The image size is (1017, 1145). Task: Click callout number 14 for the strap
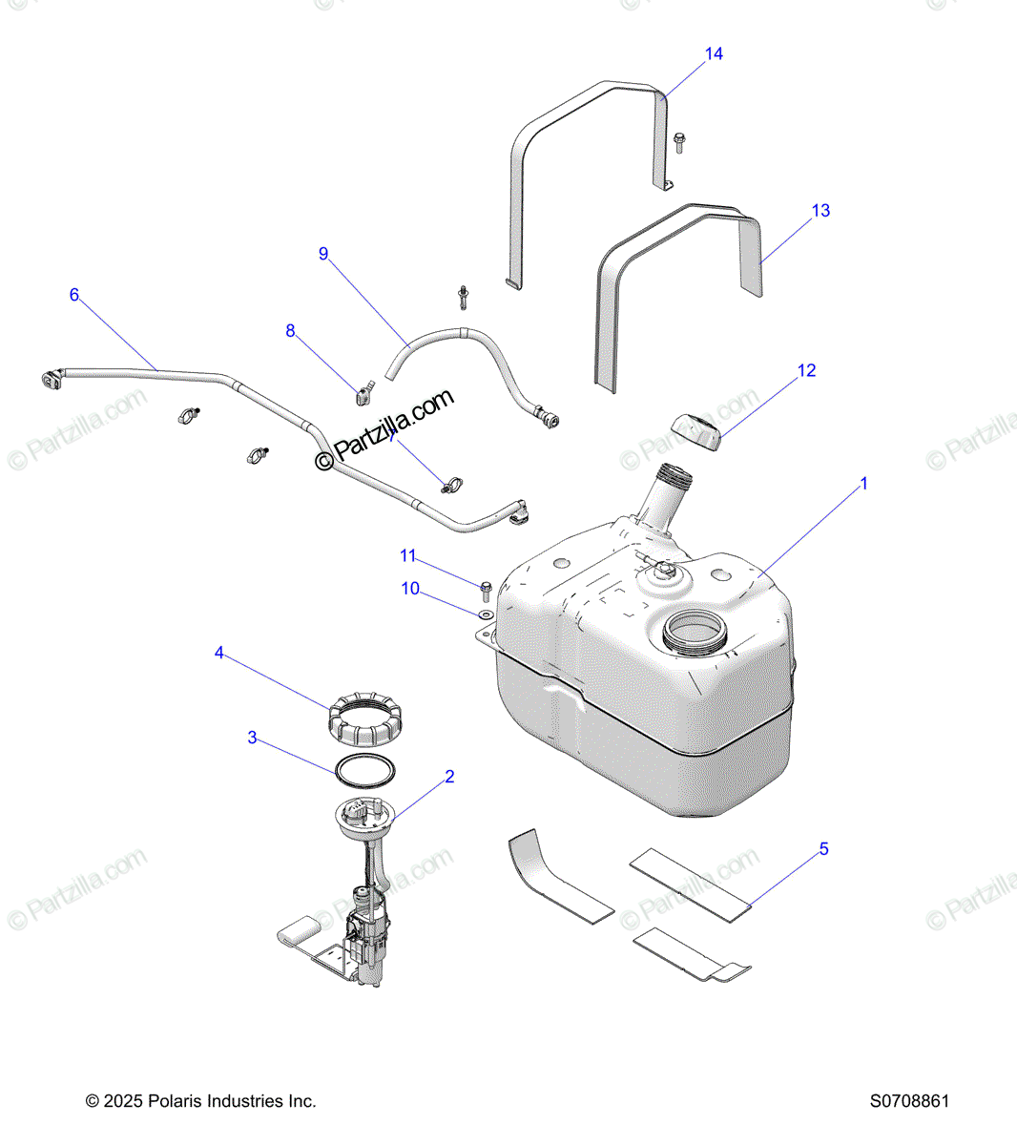(x=714, y=54)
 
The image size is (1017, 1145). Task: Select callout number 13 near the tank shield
(x=820, y=211)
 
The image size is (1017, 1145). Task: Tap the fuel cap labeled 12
(x=696, y=431)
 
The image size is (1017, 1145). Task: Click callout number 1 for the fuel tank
(x=864, y=484)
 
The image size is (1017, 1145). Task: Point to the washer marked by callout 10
(x=485, y=616)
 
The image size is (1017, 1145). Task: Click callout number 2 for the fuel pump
(x=449, y=777)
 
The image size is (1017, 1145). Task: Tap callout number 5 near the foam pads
(x=823, y=848)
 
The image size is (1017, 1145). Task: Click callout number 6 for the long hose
(x=74, y=295)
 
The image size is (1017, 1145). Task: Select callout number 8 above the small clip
(x=291, y=331)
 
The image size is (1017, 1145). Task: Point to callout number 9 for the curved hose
(x=323, y=254)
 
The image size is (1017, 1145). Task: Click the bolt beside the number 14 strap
(x=678, y=142)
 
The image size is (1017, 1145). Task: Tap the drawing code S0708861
(x=909, y=1101)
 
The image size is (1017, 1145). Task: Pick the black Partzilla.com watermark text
(x=385, y=429)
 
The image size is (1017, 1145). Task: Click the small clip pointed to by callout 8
(x=364, y=392)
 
